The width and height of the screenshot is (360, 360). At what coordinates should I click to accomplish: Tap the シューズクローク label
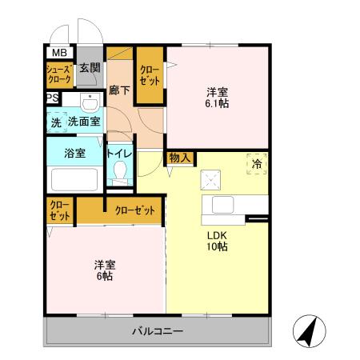[60, 74]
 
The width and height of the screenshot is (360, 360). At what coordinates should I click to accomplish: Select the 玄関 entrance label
[90, 69]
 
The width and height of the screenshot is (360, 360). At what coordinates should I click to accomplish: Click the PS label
[52, 98]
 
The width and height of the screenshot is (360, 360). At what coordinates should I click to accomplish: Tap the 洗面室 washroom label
[83, 122]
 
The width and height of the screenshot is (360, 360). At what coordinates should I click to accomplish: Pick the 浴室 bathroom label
[75, 152]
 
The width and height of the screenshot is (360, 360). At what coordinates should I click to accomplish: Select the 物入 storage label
[180, 158]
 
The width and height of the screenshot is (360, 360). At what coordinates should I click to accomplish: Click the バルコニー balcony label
[158, 331]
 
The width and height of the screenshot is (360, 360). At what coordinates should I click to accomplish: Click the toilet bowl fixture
[121, 171]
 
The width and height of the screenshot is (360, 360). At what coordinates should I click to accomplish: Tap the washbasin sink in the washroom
[90, 103]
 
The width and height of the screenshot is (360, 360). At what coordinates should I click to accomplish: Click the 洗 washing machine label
[56, 122]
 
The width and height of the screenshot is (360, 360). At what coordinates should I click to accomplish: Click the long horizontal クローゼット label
[134, 210]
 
